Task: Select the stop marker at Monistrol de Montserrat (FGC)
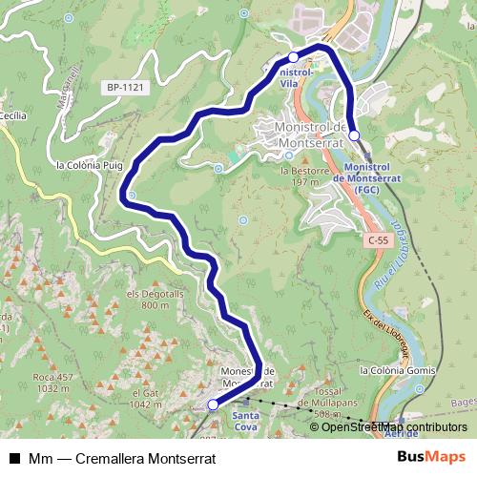354,135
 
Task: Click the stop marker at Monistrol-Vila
294,58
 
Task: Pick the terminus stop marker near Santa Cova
213,405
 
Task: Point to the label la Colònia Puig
89,165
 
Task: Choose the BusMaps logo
432,458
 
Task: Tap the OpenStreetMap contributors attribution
387,427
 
